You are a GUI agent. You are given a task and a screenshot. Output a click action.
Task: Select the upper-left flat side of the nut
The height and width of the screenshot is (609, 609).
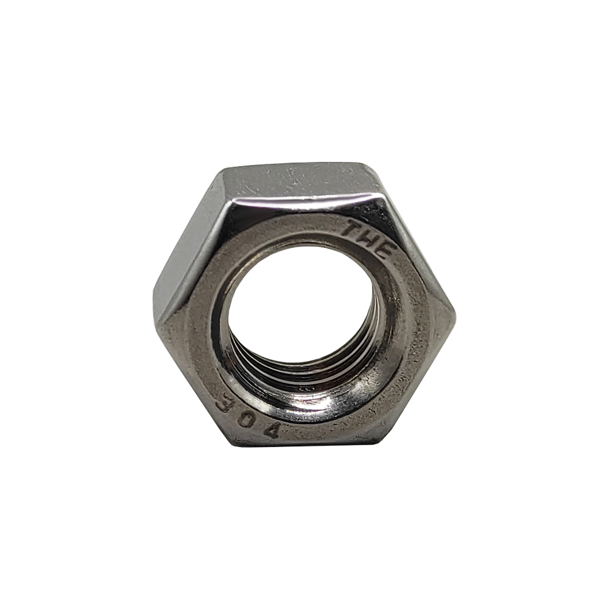click(190, 248)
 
